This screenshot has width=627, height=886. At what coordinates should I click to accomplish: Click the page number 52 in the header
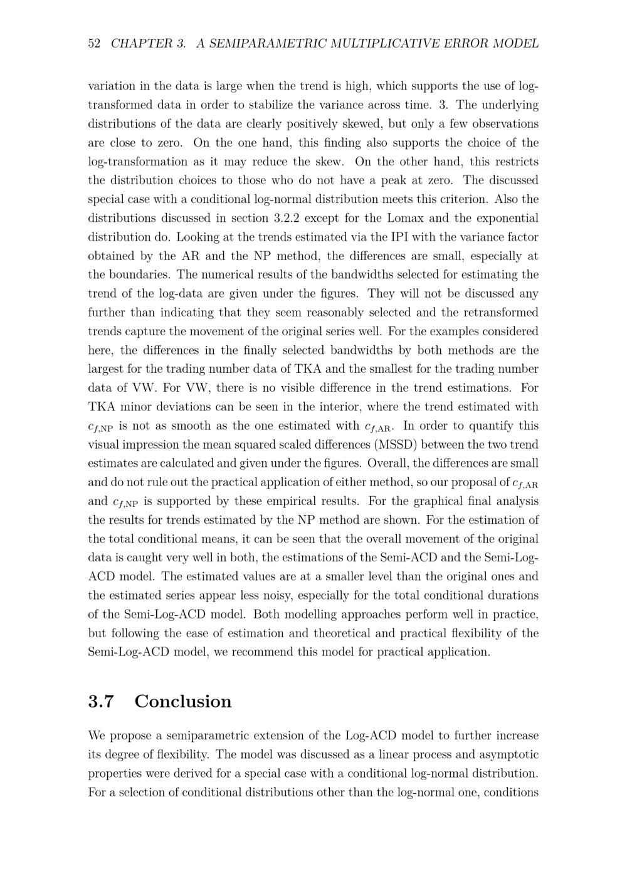[x=94, y=43]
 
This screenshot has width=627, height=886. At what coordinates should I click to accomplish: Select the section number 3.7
[x=101, y=701]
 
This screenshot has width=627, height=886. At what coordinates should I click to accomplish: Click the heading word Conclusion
[x=182, y=701]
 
